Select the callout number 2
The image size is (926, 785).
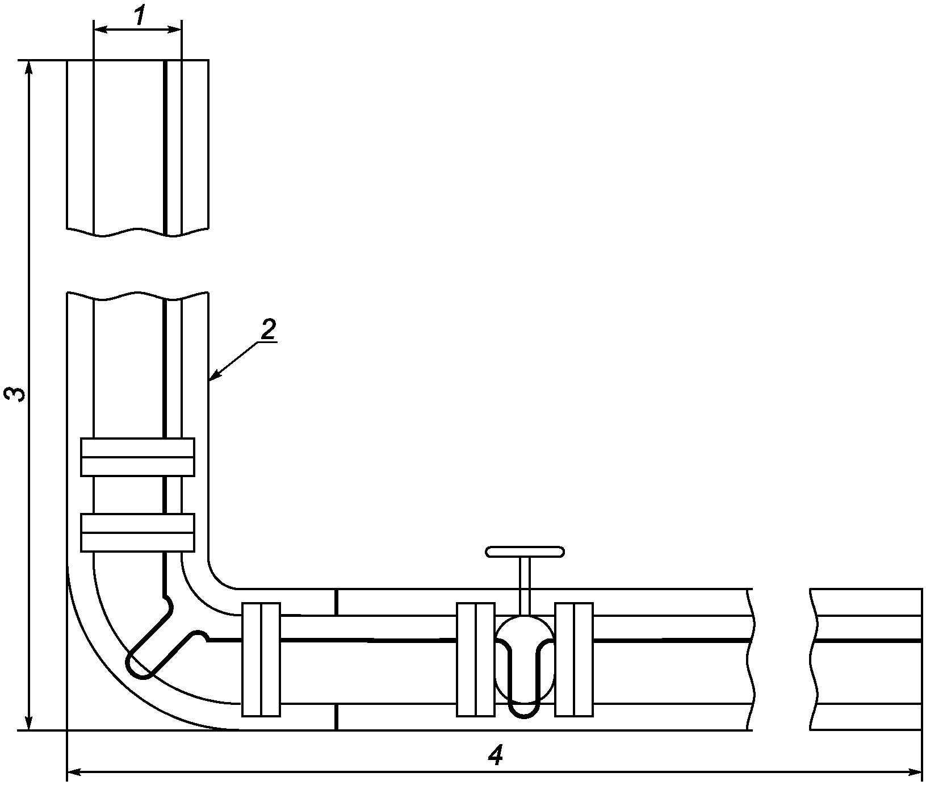[267, 331]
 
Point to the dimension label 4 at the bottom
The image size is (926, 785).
[496, 755]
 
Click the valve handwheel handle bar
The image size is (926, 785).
[525, 551]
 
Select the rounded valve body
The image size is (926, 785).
[525, 659]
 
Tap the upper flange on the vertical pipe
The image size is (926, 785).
[138, 457]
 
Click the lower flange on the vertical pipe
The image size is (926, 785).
[138, 532]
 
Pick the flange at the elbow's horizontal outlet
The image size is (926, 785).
[261, 659]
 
